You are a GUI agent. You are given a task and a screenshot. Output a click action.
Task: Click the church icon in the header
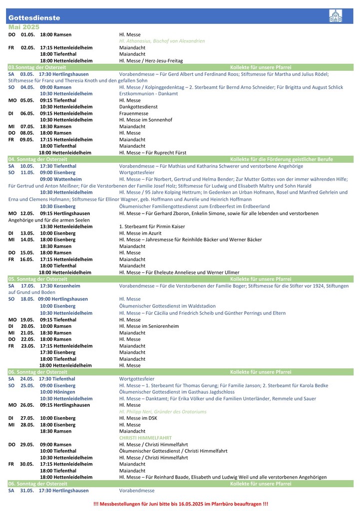coord(336,16)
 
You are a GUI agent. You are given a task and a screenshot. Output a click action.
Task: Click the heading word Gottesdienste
coord(34,18)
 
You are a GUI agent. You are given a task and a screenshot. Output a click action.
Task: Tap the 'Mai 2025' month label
coord(24,27)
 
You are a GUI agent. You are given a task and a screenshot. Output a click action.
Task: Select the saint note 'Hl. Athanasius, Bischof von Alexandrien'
coord(162,41)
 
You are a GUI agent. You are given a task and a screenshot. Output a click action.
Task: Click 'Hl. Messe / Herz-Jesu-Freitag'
coord(151,61)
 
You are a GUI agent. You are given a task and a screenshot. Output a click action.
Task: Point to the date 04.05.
coord(27,87)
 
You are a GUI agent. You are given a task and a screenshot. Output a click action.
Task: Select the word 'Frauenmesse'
coord(134,113)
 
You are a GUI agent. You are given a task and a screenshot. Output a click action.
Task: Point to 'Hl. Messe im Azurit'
coord(141,233)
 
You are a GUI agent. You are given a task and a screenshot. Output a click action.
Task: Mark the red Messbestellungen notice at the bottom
coord(180,505)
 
